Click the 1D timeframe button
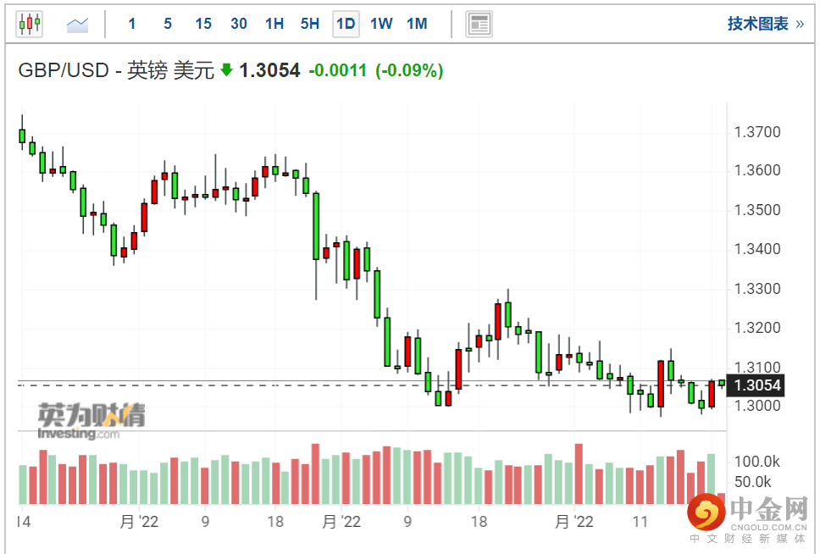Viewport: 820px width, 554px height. [346, 24]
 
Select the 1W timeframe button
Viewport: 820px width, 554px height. [381, 24]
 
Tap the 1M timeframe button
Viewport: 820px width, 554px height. [417, 24]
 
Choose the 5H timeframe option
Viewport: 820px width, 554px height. [310, 24]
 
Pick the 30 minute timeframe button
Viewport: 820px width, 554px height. [239, 24]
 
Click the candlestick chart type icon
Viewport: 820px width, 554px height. [30, 24]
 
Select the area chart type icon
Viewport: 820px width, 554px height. [78, 25]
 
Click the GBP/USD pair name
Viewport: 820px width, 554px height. [64, 71]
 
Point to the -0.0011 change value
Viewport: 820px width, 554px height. [337, 71]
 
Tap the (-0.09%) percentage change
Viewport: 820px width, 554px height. [409, 71]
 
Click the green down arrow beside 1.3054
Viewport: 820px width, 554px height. [226, 70]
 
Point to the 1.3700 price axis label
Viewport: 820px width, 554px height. [757, 132]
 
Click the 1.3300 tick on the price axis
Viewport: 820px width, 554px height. [757, 289]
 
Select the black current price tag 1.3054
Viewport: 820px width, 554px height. [756, 386]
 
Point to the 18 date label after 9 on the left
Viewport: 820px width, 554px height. [274, 521]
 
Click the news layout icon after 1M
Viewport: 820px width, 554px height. [479, 24]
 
